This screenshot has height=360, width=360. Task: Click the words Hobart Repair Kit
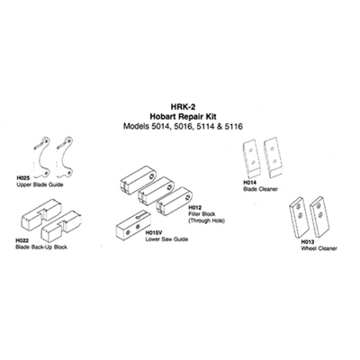pos(183,117)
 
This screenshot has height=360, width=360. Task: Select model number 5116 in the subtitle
pos(234,126)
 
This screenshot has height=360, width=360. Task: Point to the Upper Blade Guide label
pos(40,184)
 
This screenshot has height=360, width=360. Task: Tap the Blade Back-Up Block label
pos(41,247)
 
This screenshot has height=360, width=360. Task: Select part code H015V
pos(153,233)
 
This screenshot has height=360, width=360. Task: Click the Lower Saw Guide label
pos(166,239)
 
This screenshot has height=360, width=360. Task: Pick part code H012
pos(194,208)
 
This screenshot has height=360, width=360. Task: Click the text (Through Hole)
pos(207,221)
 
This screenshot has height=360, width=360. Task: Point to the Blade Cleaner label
pos(260,189)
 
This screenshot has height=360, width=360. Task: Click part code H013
pos(307,242)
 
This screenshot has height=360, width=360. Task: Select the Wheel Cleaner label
pos(319,248)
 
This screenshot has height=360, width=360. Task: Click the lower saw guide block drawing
pos(132,227)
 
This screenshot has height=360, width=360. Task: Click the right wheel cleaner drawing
pos(319,216)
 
